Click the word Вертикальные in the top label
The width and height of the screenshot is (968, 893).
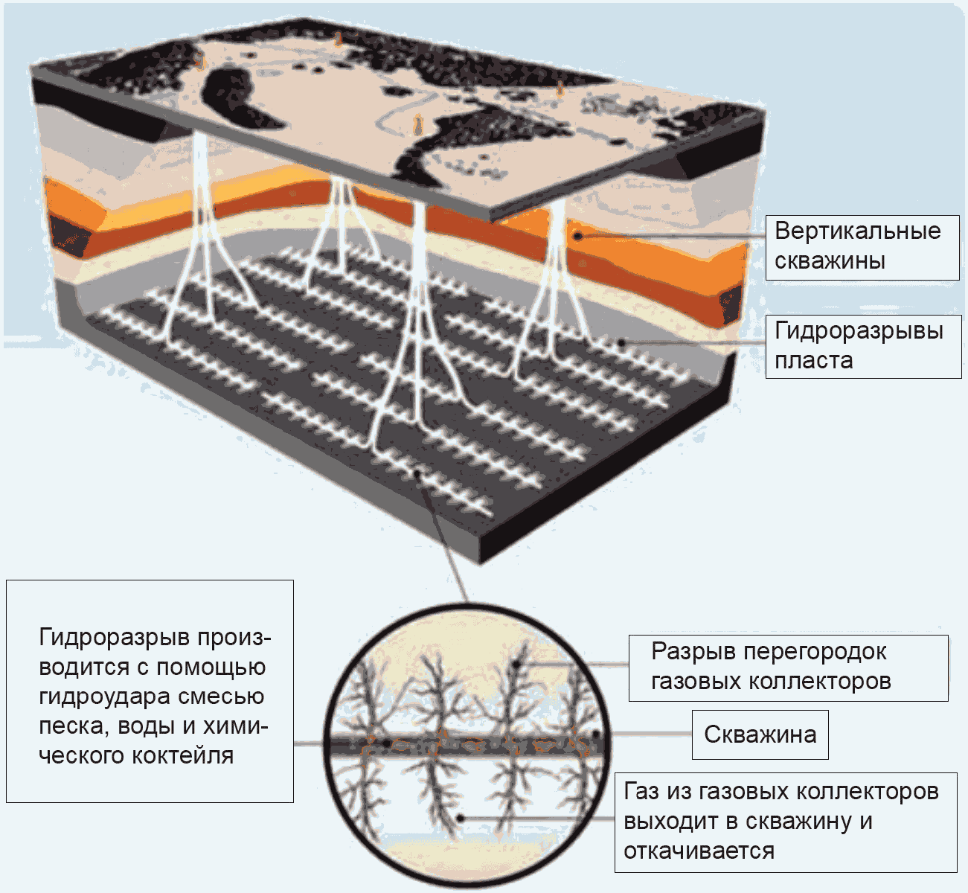[x=857, y=231]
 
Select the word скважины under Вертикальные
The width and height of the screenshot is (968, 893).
[x=830, y=261]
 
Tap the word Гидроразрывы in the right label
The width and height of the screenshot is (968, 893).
[x=859, y=330]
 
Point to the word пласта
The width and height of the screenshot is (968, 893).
[x=813, y=361]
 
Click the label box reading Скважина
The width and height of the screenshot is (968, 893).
[x=760, y=734]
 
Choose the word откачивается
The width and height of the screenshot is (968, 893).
[x=699, y=851]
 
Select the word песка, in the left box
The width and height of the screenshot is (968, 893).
[x=70, y=727]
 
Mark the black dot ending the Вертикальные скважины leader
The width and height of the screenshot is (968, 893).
[x=578, y=236]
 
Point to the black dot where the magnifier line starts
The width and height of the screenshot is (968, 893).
[x=418, y=473]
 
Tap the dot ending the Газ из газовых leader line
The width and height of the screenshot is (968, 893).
[x=460, y=818]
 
